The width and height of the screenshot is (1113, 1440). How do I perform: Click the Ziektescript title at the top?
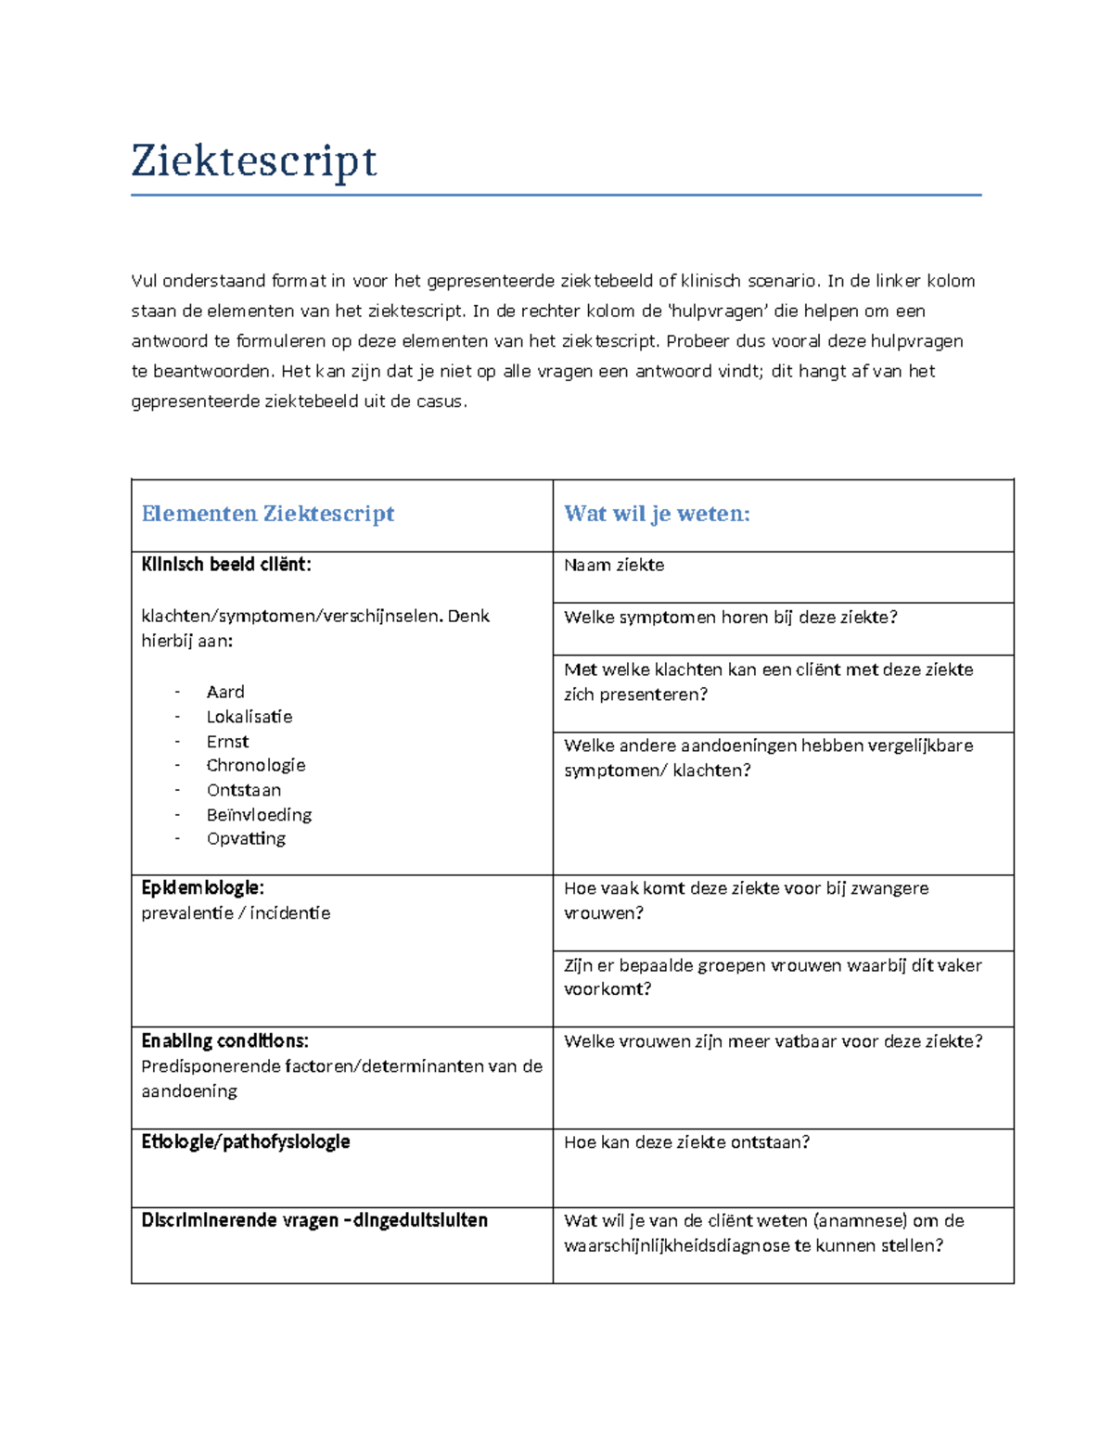pyautogui.click(x=253, y=161)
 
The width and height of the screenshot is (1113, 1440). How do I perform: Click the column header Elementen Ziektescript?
pyautogui.click(x=267, y=514)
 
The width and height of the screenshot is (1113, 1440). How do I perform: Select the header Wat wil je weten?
pyautogui.click(x=657, y=514)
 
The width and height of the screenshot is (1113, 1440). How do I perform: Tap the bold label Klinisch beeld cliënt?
pyautogui.click(x=225, y=565)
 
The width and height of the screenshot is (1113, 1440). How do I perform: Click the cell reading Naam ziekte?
pyautogui.click(x=614, y=566)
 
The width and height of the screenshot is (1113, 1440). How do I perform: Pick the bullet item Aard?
pyautogui.click(x=225, y=692)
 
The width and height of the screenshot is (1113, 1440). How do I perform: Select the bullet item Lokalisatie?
pyautogui.click(x=249, y=717)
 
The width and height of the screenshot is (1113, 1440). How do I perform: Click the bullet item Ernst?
pyautogui.click(x=227, y=742)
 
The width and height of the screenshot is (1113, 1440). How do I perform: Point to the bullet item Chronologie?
pyautogui.click(x=255, y=766)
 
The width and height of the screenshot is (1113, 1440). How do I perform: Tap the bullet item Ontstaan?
pyautogui.click(x=243, y=790)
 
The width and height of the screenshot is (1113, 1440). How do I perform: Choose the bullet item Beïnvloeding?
pyautogui.click(x=259, y=815)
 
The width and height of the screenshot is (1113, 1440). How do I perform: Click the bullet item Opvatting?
pyautogui.click(x=246, y=839)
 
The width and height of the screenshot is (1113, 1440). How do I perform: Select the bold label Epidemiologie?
pyautogui.click(x=202, y=888)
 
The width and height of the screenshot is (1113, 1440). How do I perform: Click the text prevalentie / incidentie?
pyautogui.click(x=236, y=913)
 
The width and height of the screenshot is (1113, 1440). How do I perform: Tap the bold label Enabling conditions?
pyautogui.click(x=224, y=1040)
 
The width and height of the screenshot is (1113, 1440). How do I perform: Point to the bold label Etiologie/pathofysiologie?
pyautogui.click(x=245, y=1142)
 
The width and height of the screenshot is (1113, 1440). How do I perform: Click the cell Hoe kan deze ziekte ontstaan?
pyautogui.click(x=686, y=1142)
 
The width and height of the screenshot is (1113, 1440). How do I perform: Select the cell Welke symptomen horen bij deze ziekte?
pyautogui.click(x=730, y=618)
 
